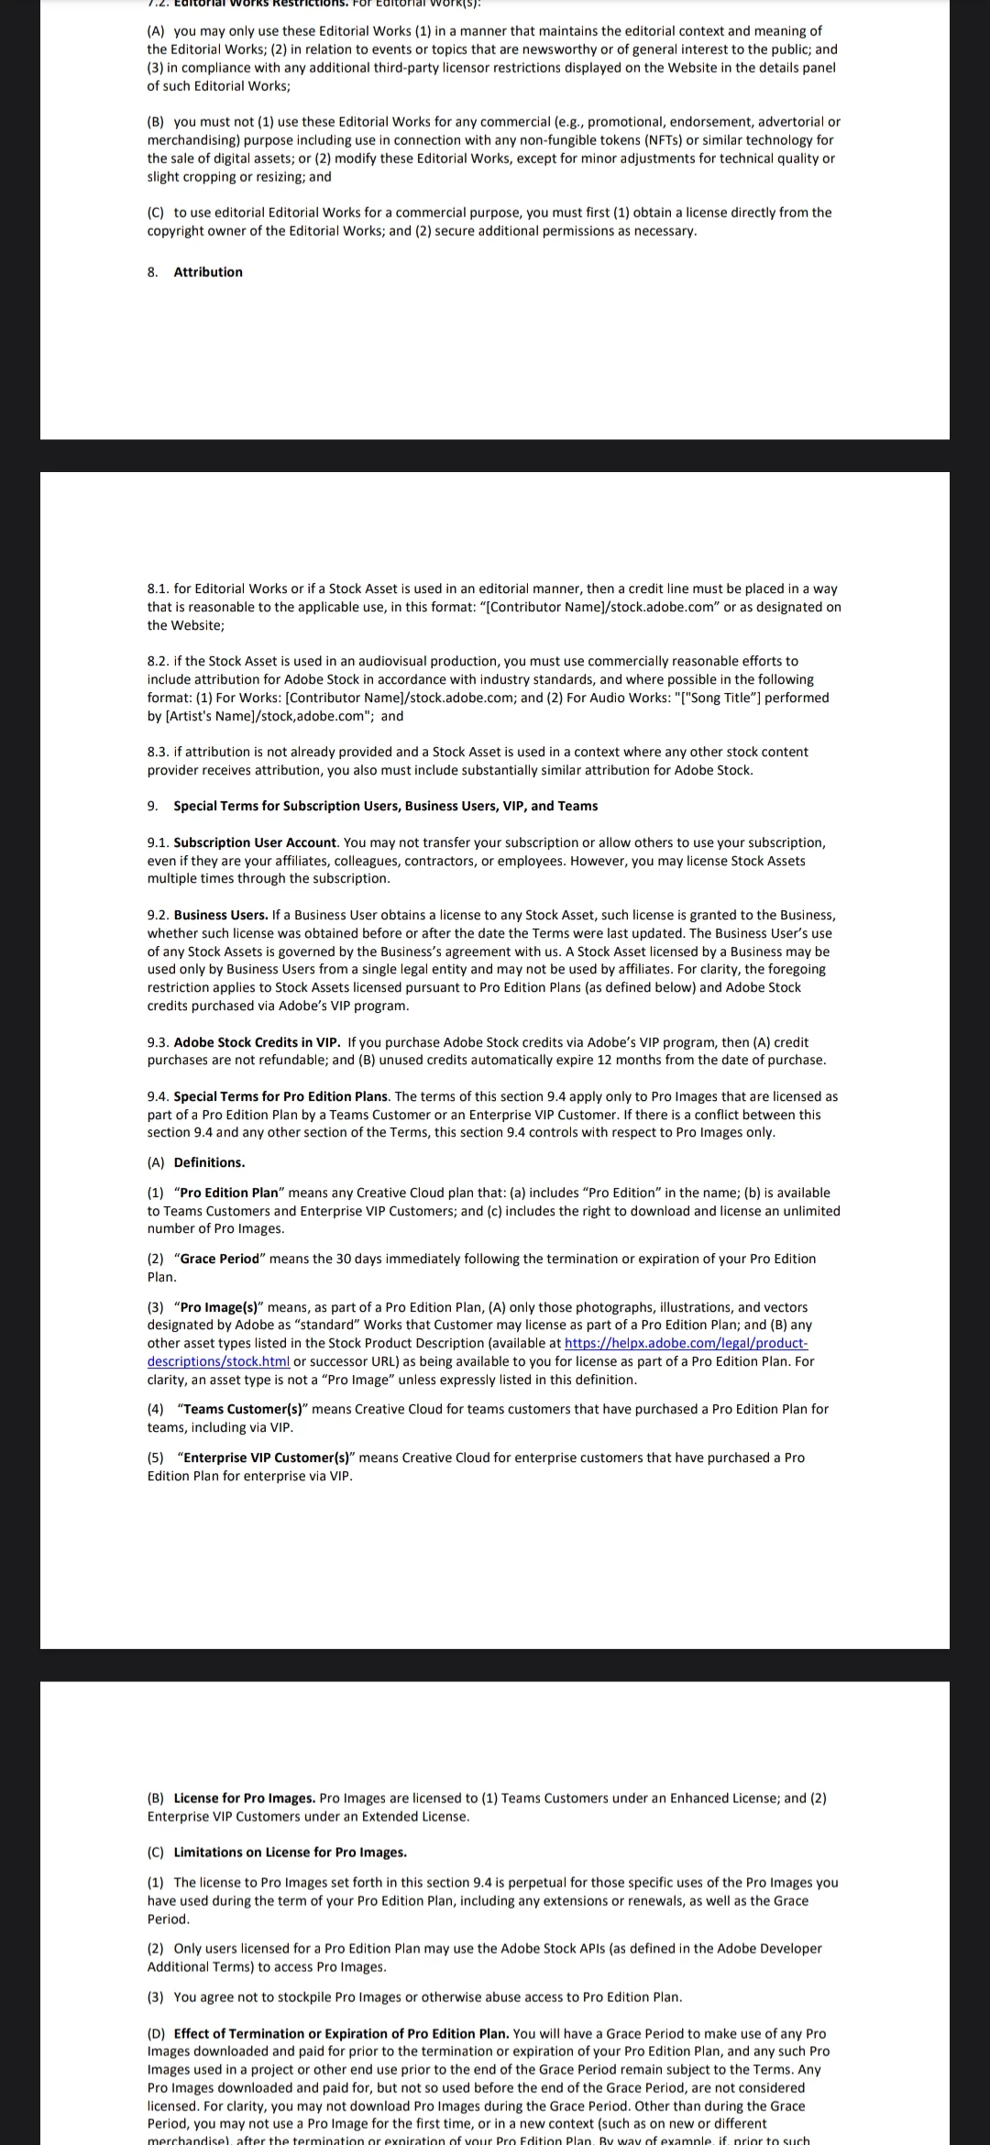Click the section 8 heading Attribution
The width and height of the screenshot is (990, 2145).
click(208, 272)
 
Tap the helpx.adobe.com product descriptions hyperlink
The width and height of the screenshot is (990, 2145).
click(686, 1343)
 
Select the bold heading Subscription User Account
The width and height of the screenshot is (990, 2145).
click(256, 842)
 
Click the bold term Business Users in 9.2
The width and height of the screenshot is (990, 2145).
click(221, 915)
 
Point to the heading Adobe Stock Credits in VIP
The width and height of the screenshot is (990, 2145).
click(257, 1042)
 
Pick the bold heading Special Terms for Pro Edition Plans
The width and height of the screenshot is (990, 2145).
click(281, 1096)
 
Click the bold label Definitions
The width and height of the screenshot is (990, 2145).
click(209, 1162)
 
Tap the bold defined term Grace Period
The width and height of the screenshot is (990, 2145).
click(220, 1259)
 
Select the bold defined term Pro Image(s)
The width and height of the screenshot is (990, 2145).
click(219, 1307)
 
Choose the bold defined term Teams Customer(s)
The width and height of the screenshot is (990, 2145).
click(242, 1409)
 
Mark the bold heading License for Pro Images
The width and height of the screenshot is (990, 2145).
click(244, 1798)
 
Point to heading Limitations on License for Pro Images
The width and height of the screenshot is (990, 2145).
click(290, 1853)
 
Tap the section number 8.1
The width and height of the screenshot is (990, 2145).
click(158, 588)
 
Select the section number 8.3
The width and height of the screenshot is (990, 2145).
click(158, 752)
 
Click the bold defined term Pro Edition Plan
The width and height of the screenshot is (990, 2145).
click(229, 1193)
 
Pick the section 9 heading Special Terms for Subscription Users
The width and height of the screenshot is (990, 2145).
click(385, 806)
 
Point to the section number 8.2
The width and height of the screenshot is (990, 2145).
click(158, 661)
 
